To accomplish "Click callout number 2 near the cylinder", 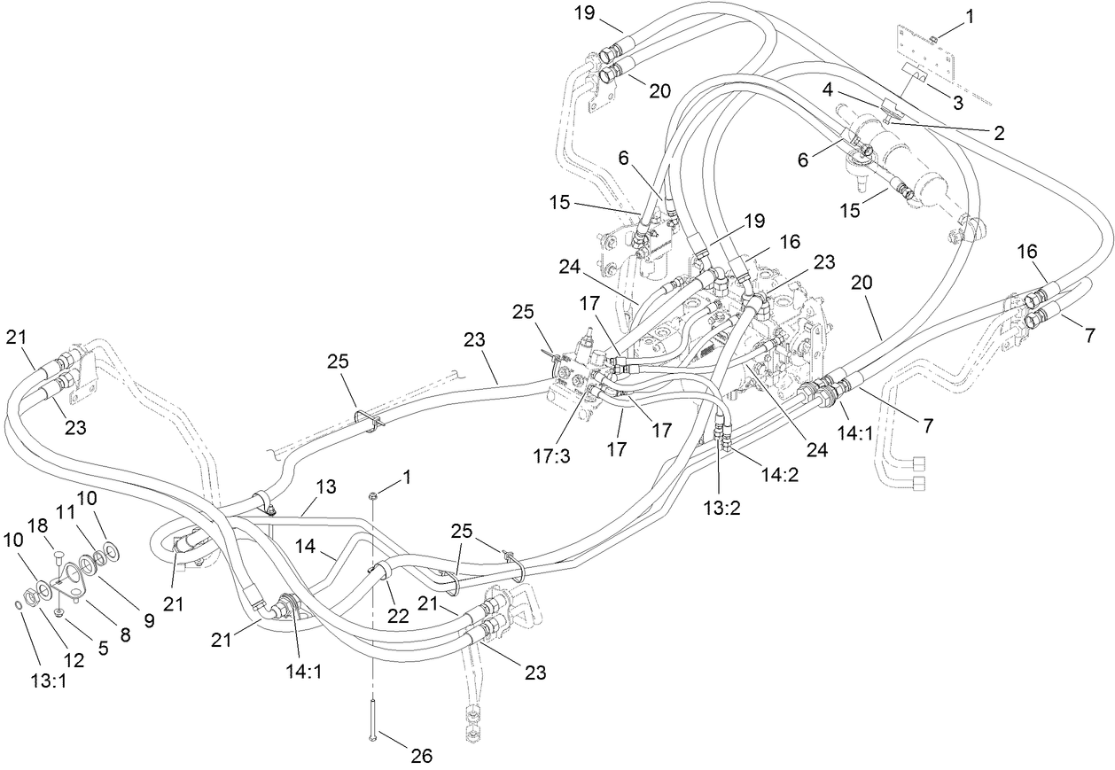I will click(999, 133).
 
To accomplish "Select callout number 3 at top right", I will click(957, 103).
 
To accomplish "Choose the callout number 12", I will click(74, 660).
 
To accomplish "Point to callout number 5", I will click(103, 648).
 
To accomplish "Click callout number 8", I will click(125, 634).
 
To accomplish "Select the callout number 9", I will click(148, 621).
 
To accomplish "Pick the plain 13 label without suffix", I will click(326, 487).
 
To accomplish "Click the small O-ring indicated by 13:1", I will click(19, 604).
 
